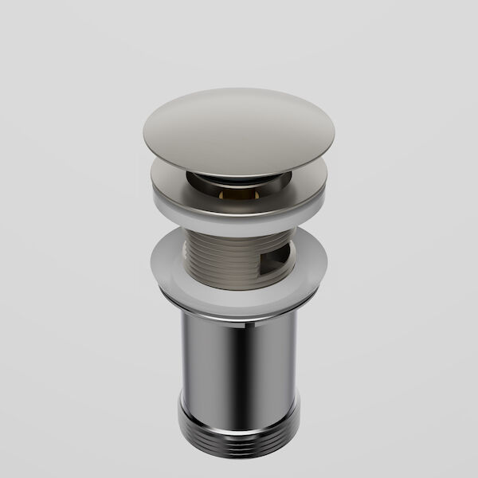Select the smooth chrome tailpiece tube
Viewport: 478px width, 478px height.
(x=239, y=358)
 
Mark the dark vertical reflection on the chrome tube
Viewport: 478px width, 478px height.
(x=202, y=358)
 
